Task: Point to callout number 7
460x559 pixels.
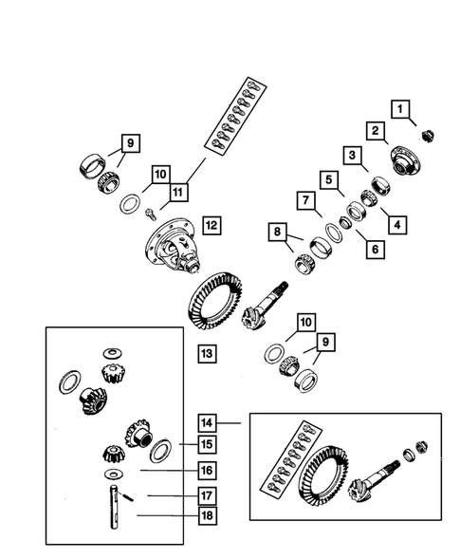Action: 305,201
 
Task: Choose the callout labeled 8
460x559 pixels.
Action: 277,232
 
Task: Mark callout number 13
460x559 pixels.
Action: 206,353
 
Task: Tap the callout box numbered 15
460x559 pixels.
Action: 207,443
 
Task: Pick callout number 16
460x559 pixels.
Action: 207,469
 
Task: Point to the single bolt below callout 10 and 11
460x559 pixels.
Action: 150,217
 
